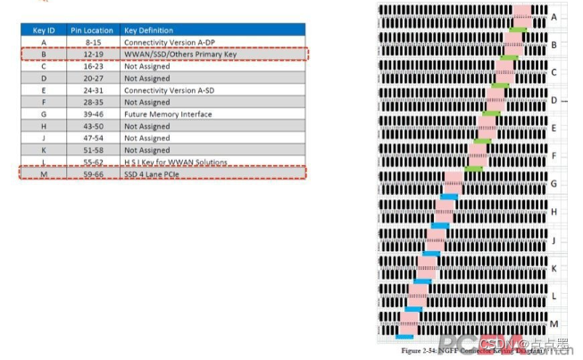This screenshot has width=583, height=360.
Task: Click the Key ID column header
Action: [44, 29]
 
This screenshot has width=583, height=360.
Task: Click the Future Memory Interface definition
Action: [168, 114]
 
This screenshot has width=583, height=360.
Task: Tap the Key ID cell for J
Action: [44, 138]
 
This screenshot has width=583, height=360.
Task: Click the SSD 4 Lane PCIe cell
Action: [153, 173]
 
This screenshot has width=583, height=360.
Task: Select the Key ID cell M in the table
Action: [44, 173]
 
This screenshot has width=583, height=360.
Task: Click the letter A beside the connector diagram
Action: [554, 17]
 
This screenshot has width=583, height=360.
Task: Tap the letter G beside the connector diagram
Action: [554, 184]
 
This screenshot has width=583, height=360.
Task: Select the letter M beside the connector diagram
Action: [554, 323]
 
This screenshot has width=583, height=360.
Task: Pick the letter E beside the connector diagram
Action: [554, 128]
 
